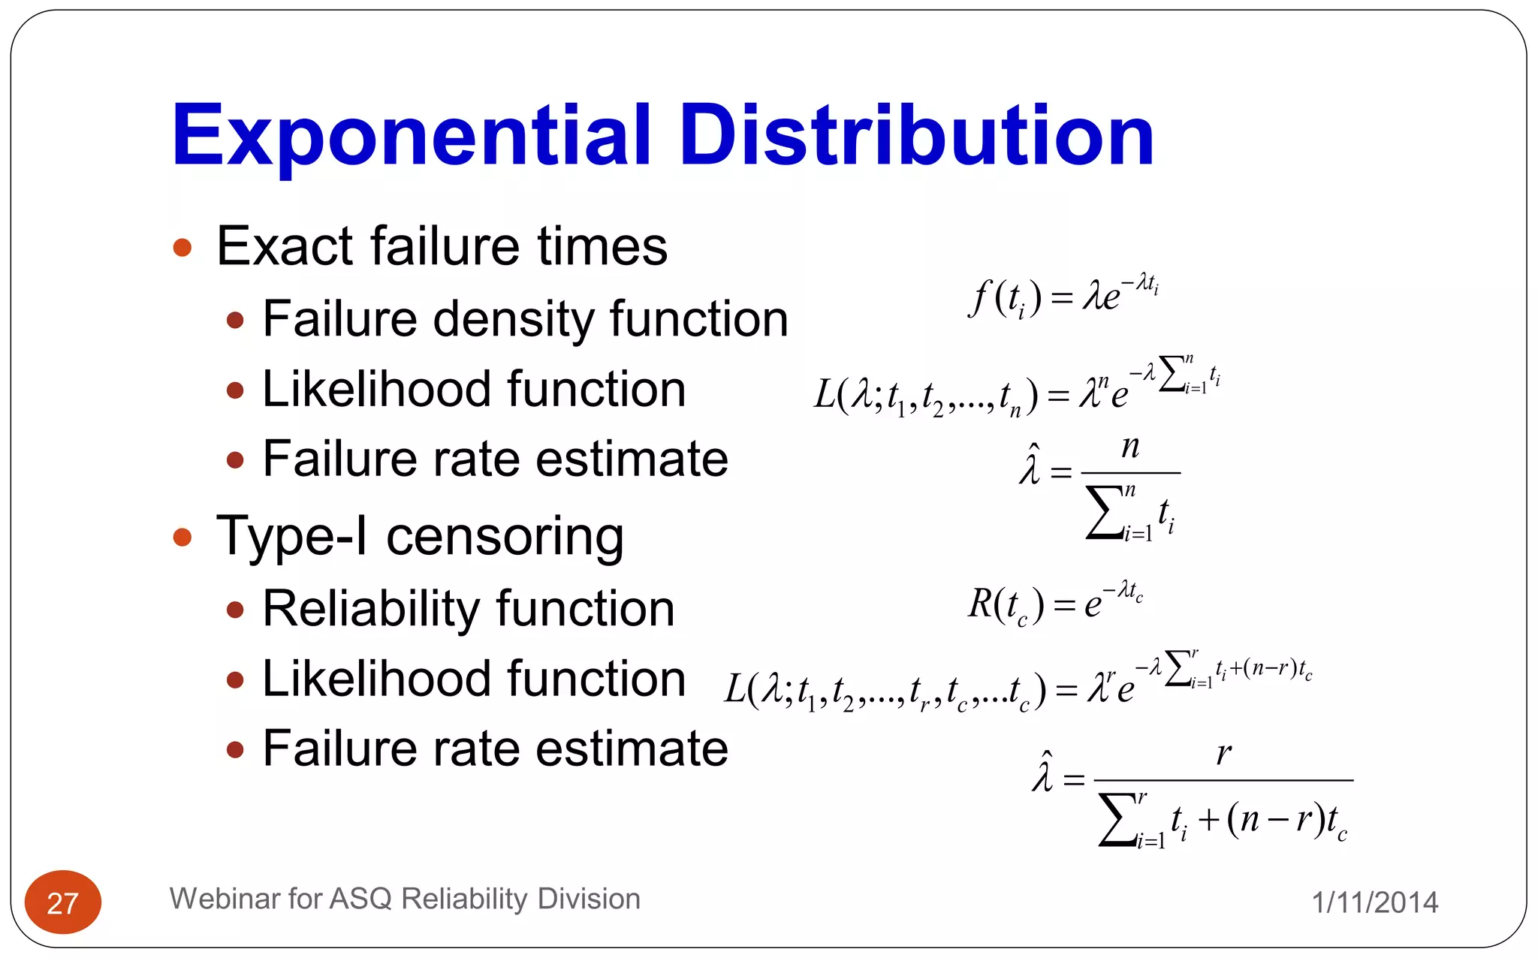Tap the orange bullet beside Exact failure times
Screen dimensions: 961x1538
182,248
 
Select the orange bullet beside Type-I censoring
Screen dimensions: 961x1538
182,537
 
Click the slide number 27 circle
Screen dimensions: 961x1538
63,902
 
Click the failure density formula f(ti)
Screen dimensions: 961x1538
1063,297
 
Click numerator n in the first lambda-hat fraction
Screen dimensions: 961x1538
1130,448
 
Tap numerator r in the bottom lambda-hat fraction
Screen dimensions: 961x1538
1223,753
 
